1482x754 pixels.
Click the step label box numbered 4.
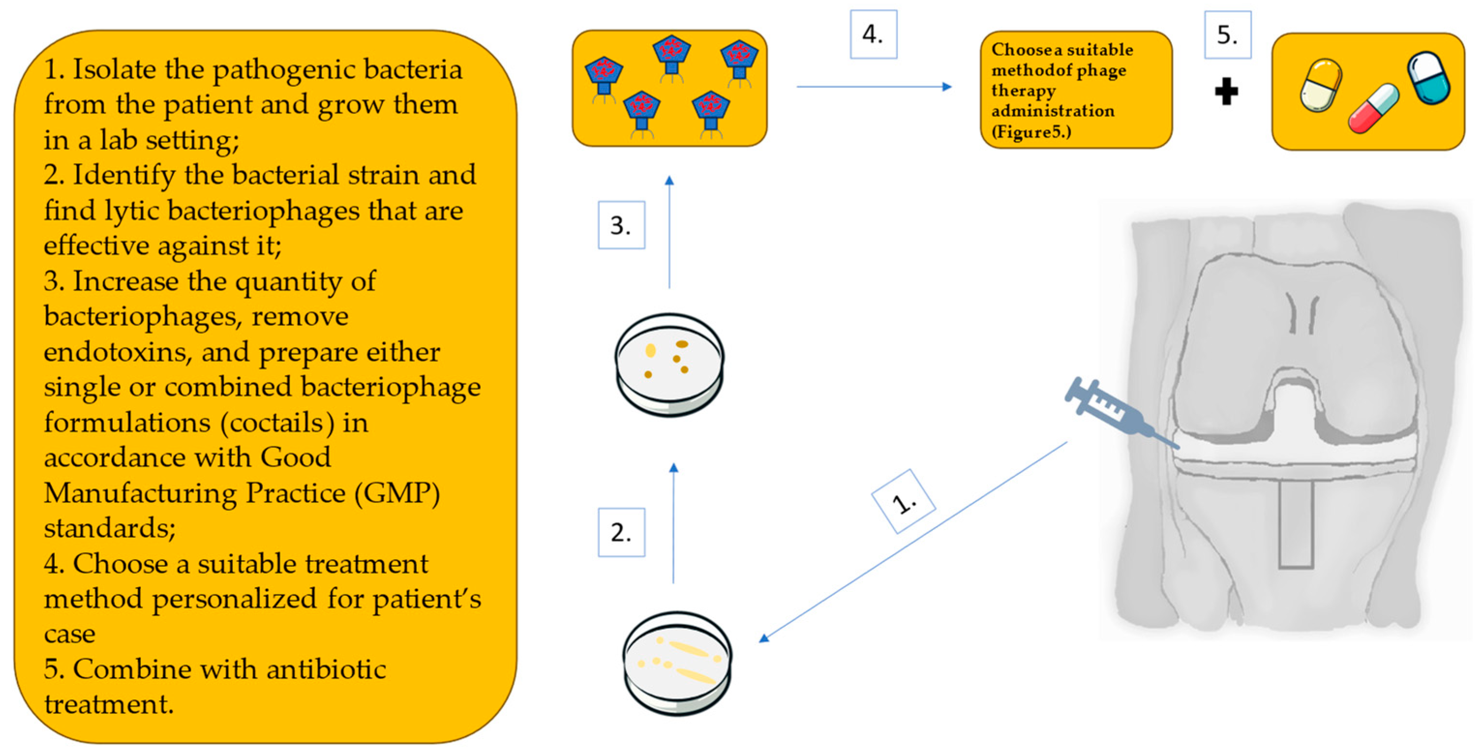[873, 34]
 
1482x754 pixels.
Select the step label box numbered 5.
[1227, 35]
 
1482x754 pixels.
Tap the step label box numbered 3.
[621, 225]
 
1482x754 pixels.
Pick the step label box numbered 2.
[621, 532]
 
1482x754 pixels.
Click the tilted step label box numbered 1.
[903, 502]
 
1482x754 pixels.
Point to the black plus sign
[1226, 91]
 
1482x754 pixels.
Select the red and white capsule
[1373, 108]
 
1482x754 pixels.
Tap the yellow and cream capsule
[1320, 85]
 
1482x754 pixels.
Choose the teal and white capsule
[1428, 78]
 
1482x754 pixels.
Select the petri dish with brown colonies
[669, 365]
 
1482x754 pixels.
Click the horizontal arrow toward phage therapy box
[873, 87]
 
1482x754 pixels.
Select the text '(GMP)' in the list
[397, 493]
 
